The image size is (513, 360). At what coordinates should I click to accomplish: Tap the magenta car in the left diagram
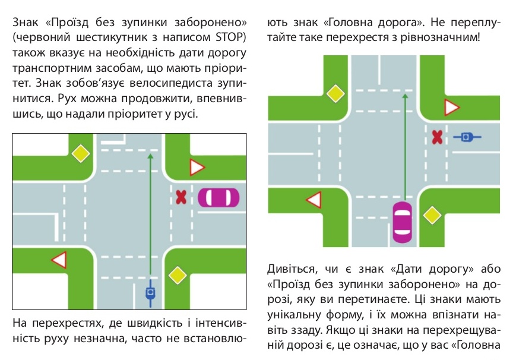218,198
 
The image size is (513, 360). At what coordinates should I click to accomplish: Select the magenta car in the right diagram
402,222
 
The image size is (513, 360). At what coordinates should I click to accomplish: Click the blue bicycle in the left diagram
150,293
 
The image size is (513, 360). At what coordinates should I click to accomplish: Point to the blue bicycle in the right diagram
467,137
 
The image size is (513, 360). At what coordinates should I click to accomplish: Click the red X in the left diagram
181,197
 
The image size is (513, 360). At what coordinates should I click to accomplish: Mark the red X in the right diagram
437,137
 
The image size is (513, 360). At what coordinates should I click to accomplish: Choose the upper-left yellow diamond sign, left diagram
81,153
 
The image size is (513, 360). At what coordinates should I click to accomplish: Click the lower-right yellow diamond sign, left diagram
178,275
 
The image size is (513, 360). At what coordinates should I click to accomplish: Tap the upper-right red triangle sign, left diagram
197,168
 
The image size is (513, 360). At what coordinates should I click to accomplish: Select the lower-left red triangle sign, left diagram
60,260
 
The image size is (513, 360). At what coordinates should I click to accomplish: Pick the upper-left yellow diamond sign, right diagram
335,94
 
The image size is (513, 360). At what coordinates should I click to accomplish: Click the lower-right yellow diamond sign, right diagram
432,215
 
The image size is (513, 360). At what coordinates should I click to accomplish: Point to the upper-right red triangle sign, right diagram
451,107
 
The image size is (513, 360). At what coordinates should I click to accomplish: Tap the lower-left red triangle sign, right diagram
315,200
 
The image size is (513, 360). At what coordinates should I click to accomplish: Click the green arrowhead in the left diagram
150,156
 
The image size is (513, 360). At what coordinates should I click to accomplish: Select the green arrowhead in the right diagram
405,97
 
